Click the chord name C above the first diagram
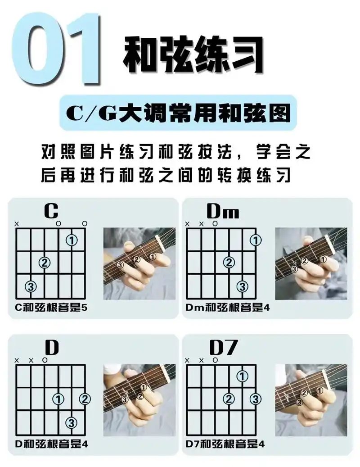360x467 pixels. (51, 211)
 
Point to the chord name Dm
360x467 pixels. (222, 211)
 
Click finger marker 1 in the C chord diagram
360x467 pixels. (72, 240)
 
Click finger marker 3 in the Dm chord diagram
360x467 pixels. (243, 286)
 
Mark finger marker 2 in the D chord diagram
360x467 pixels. (85, 399)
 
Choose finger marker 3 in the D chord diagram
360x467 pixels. (72, 422)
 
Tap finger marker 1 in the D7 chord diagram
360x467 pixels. (243, 375)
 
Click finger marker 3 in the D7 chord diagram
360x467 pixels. (256, 399)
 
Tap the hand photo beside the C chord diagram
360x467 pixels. (139, 263)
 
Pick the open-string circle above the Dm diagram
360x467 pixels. (215, 223)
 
